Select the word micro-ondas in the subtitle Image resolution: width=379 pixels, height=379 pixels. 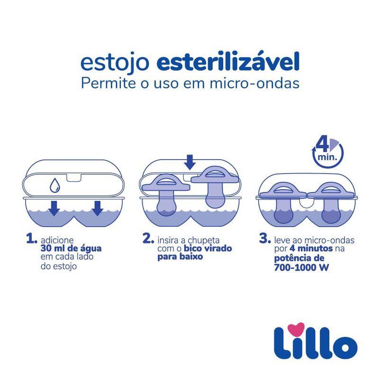[255, 83]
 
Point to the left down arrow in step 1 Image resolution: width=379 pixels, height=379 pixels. [54, 208]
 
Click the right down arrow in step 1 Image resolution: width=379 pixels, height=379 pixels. [98, 208]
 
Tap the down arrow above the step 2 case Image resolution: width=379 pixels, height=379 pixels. [190, 162]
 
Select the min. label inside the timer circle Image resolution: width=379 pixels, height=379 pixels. [327, 157]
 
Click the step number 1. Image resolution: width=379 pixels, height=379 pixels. [32, 238]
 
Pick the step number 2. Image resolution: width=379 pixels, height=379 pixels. [148, 238]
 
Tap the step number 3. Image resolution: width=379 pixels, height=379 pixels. [265, 238]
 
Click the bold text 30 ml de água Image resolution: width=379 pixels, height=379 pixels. [71, 249]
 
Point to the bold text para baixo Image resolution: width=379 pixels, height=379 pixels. [180, 257]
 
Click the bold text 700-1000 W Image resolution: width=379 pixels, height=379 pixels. [301, 267]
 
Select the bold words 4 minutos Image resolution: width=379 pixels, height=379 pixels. [311, 248]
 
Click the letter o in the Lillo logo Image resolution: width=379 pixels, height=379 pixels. [345, 347]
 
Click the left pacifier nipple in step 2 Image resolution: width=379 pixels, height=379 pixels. [166, 203]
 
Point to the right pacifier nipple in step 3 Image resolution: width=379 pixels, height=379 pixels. [331, 210]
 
